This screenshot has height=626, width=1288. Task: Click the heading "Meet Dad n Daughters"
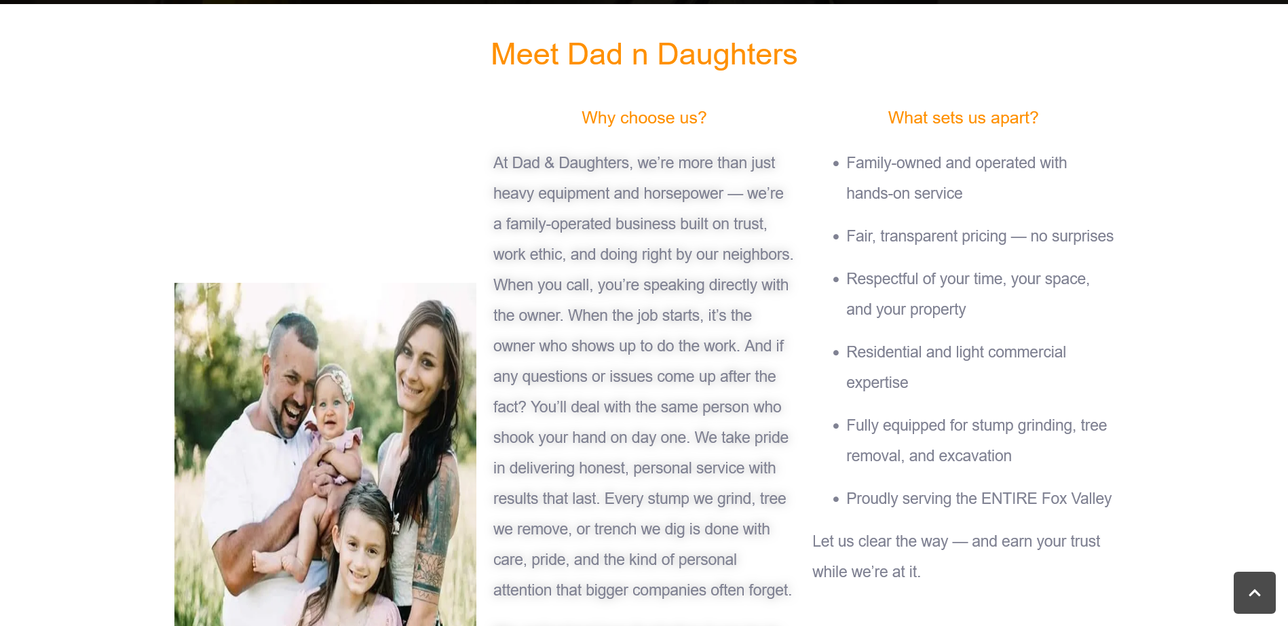point(644,54)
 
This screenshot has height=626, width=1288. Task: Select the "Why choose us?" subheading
point(644,118)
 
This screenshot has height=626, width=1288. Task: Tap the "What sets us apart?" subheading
point(963,118)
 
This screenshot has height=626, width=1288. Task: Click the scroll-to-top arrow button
point(1254,593)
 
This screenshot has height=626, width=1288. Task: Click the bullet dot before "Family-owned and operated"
point(836,163)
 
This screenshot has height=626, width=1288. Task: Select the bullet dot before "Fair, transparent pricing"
point(836,237)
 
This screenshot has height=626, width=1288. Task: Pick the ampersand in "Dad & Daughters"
point(549,163)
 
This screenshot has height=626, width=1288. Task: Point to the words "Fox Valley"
point(1076,498)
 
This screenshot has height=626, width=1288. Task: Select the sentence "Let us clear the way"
point(880,541)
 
